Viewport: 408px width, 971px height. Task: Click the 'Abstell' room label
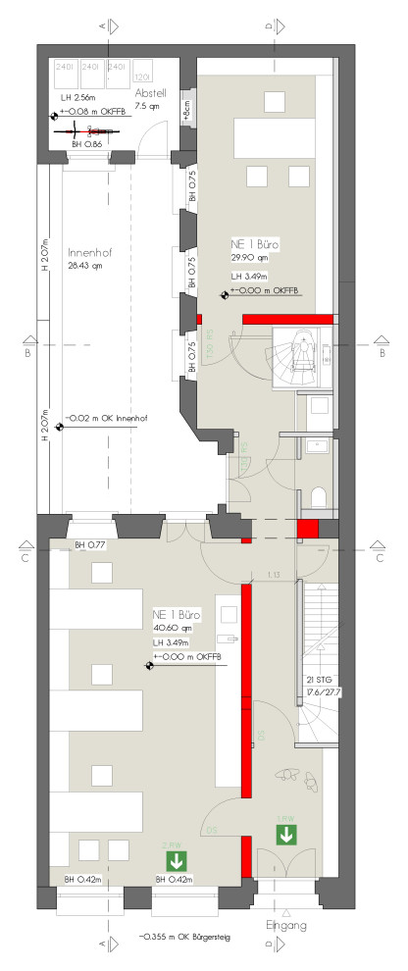click(151, 93)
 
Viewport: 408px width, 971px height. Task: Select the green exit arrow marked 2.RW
click(177, 861)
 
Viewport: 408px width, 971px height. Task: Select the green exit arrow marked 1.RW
click(286, 835)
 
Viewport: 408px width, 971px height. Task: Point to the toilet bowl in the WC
click(316, 496)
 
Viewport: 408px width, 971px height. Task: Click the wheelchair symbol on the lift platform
click(304, 348)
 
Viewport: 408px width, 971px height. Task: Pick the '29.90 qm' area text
click(249, 258)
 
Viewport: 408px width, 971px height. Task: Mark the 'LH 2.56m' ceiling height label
click(76, 99)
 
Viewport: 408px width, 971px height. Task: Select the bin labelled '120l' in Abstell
click(141, 75)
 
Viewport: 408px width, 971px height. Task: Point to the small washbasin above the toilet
click(316, 446)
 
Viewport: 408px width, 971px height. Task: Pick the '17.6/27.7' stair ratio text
click(320, 691)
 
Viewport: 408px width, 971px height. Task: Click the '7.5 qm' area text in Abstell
click(148, 105)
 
